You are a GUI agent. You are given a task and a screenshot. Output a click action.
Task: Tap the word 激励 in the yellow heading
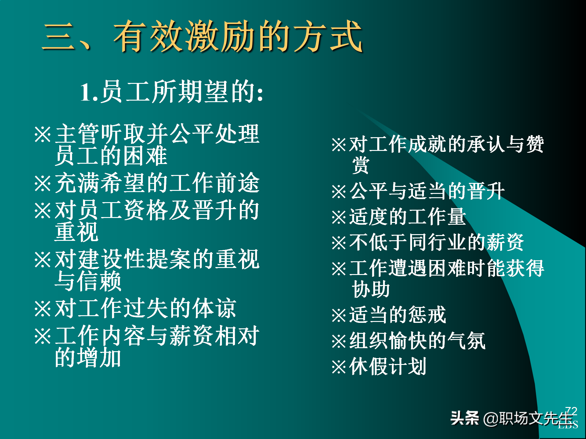pos(220,37)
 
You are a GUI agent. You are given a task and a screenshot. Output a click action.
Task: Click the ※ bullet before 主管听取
pos(42,134)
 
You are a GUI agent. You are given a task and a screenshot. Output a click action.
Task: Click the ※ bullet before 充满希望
pos(42,183)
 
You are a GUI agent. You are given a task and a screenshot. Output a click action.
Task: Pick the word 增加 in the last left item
pos(99,358)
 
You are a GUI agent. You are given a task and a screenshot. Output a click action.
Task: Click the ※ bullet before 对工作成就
pos(339,145)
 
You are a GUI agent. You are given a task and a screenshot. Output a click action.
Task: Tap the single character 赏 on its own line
pos(360,166)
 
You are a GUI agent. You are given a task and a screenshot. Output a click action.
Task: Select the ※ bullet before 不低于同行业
pos(339,243)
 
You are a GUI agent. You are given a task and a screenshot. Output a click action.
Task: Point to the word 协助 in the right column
pos(371,289)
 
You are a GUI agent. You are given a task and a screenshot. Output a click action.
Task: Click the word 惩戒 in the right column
pos(427,315)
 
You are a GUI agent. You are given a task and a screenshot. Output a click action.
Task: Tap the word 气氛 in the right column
pos(467,341)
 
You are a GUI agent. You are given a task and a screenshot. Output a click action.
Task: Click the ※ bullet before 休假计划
pos(339,367)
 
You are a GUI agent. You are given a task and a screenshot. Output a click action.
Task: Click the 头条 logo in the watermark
pos(464,418)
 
